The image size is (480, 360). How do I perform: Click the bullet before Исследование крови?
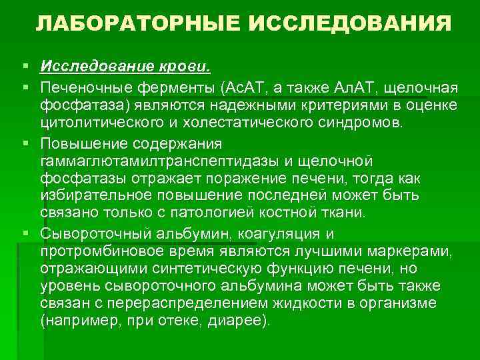[x=25, y=67]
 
